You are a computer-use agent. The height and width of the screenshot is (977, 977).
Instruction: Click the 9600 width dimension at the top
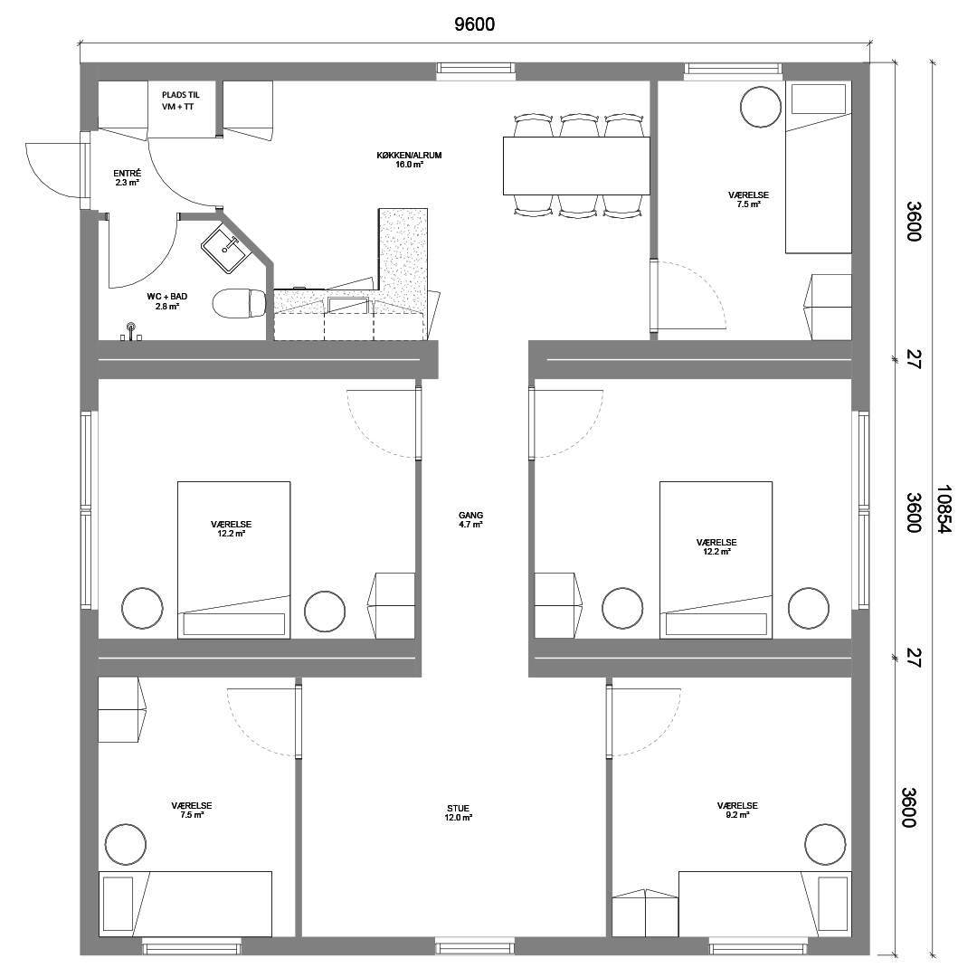point(474,24)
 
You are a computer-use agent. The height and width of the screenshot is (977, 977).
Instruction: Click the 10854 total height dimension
point(944,509)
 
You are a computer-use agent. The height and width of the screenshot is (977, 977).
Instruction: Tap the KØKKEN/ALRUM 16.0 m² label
point(410,159)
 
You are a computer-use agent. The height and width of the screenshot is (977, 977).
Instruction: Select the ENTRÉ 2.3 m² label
point(128,177)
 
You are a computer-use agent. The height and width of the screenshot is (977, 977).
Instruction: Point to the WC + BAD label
point(167,297)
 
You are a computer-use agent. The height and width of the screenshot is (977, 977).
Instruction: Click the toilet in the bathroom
point(239,303)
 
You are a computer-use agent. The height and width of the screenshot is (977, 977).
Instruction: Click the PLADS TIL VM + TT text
point(181,101)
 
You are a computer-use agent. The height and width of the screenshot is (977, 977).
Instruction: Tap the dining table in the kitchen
point(576,166)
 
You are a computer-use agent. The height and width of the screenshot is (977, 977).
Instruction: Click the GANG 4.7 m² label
point(470,519)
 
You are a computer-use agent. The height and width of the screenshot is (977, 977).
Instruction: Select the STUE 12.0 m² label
point(458,813)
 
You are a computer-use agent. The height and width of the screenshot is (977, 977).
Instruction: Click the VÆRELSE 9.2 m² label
point(737,810)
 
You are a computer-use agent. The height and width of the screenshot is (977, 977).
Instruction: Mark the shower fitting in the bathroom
point(131,330)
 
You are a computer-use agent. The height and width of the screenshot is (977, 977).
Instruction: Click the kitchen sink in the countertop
point(348,305)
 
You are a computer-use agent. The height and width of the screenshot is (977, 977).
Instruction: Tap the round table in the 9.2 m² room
point(826,845)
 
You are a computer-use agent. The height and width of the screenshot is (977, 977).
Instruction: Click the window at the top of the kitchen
point(476,71)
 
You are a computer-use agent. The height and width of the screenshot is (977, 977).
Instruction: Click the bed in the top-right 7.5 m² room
point(818,167)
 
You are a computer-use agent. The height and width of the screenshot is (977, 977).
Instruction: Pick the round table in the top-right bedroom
point(761,107)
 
